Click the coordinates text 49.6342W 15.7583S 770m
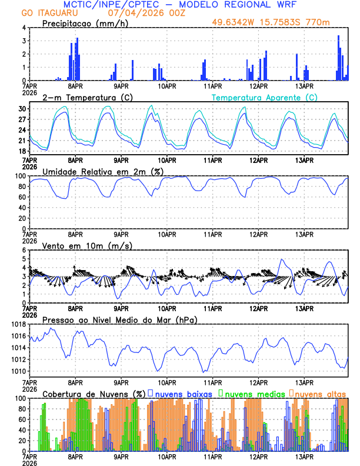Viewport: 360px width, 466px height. [x=272, y=23]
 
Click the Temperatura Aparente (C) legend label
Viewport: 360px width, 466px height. [x=265, y=97]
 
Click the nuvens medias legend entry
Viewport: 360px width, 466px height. [x=250, y=393]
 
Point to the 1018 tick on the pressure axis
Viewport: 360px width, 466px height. [x=18, y=324]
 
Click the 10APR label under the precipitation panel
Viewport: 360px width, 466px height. [x=166, y=86]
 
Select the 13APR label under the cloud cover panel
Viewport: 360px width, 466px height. [x=304, y=457]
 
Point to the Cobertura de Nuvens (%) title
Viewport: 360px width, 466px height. [x=94, y=394]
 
